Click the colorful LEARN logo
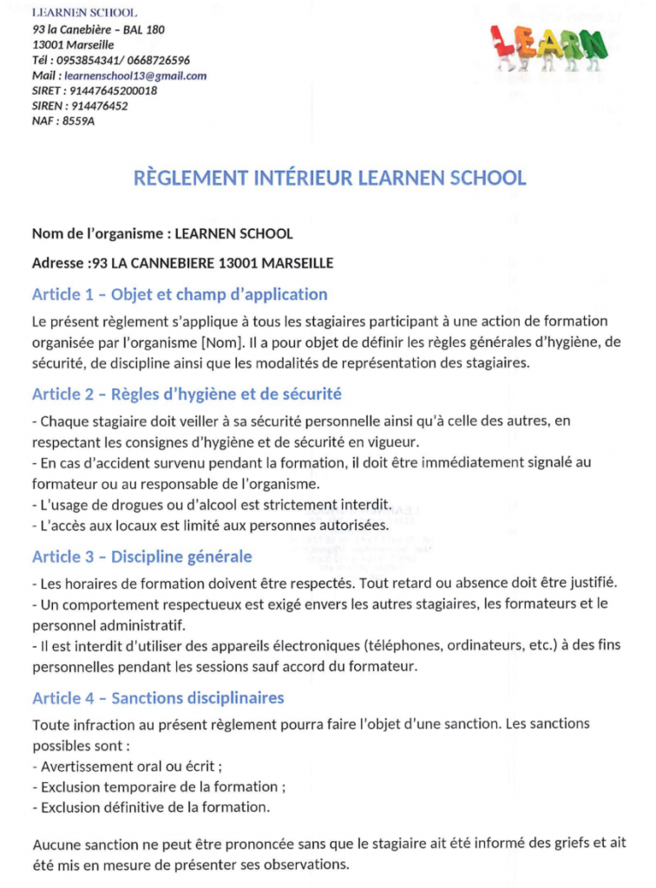tap(548, 46)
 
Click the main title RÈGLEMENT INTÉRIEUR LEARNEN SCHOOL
tap(330, 179)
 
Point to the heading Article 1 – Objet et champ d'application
tap(180, 294)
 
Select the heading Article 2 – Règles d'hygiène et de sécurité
tap(187, 394)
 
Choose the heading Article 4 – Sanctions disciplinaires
tap(158, 698)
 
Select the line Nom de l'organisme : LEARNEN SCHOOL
tap(162, 234)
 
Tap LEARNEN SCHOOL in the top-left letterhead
tap(84, 13)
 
